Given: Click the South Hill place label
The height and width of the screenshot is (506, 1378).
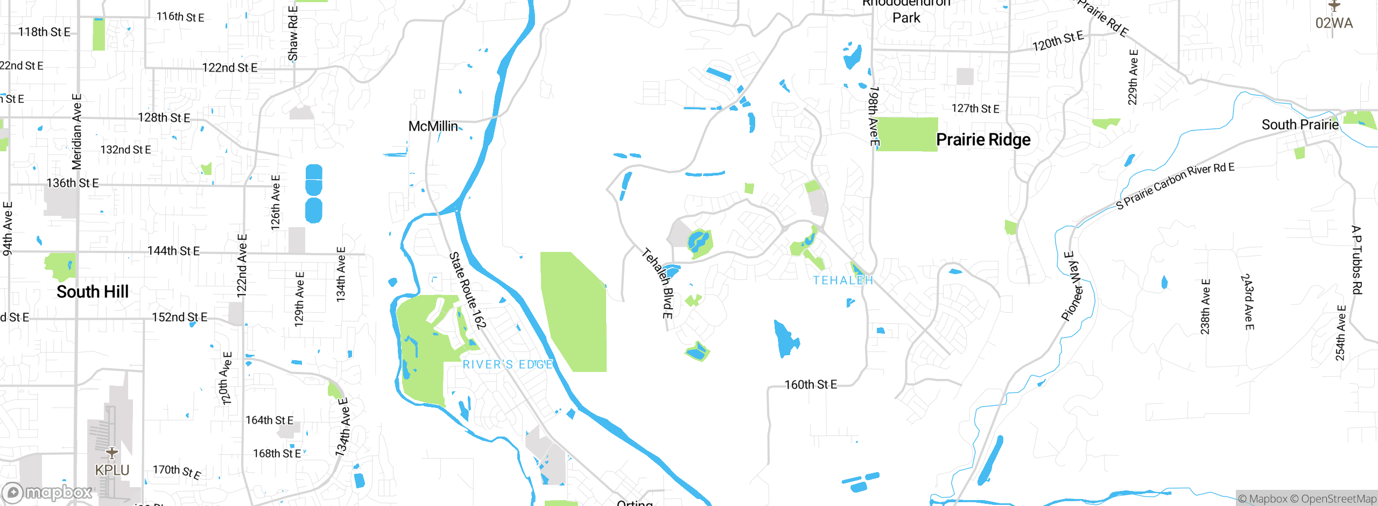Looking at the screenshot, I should [93, 292].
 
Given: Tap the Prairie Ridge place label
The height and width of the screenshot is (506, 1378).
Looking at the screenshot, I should [983, 140].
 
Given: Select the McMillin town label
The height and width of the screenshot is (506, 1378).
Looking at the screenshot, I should [433, 127].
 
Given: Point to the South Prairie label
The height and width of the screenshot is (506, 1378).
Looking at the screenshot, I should [1299, 125].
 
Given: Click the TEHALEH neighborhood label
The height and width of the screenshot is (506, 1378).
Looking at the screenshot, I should [843, 280].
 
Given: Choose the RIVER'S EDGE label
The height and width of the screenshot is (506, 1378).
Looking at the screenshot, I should [508, 364].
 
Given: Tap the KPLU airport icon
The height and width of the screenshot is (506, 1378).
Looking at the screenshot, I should [112, 454].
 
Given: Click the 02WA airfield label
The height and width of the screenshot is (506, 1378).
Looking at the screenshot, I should [1333, 23].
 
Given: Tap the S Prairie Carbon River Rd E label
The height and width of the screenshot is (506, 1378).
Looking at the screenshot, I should [1175, 186].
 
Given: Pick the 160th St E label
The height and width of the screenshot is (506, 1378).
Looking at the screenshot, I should [810, 385].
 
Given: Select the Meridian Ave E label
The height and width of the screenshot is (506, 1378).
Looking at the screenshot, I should [77, 132].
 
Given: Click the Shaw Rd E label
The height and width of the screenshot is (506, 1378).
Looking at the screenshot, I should [293, 33].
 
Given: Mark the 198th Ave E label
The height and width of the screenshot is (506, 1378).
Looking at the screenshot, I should [874, 116].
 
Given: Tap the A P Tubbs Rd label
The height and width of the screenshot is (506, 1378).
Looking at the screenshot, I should [1356, 260].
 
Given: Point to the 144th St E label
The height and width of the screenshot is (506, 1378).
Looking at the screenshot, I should [173, 251].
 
